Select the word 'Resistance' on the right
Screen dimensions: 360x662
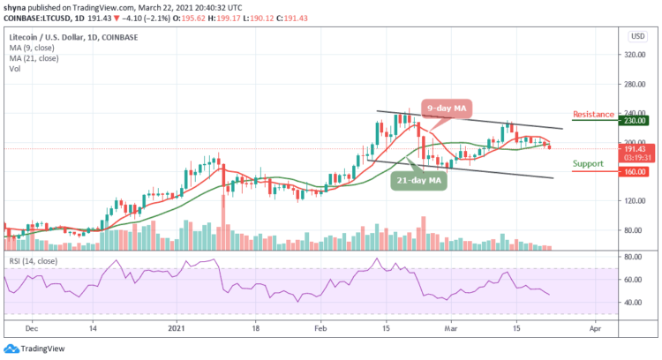click(x=592, y=115)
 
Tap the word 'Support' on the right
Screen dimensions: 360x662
click(x=589, y=164)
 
